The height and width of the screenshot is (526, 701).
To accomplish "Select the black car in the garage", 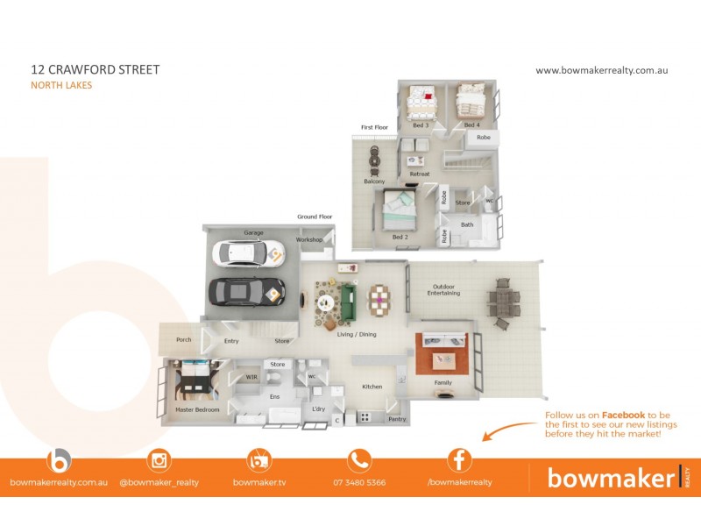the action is [x=245, y=290].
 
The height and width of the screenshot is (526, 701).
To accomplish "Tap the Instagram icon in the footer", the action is [x=159, y=460].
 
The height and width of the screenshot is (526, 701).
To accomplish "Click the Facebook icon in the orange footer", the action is [x=459, y=460].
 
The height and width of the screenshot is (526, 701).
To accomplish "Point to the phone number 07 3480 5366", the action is [x=359, y=482].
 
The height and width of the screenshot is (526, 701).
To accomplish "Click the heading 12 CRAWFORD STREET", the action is [x=95, y=69].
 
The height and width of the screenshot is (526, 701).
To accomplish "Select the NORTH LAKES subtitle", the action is [x=61, y=85].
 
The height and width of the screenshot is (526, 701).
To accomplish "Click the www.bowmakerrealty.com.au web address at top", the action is [x=601, y=70].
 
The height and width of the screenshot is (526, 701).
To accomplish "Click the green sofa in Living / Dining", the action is [x=348, y=301].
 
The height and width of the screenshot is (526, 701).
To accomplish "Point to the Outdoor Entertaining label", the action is [x=443, y=290].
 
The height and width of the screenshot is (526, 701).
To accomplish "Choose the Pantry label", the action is [x=397, y=419].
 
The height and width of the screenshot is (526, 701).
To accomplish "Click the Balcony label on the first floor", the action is [x=374, y=181].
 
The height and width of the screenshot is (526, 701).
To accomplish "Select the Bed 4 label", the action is [x=472, y=125].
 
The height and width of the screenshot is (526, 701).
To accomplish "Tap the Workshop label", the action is [x=309, y=239].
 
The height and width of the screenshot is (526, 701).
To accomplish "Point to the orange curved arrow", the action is [x=508, y=430].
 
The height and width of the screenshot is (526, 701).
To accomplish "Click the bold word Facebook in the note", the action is [x=623, y=415].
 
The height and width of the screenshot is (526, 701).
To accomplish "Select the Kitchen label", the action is [x=372, y=387].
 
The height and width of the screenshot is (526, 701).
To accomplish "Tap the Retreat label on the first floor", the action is [x=420, y=174].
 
